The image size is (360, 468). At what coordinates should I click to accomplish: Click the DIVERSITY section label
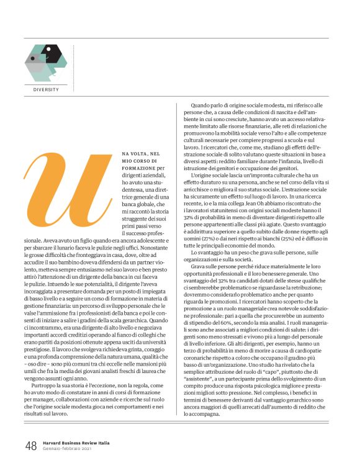[x=47, y=90]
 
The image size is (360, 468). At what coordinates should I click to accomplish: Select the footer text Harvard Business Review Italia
[x=77, y=443]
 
